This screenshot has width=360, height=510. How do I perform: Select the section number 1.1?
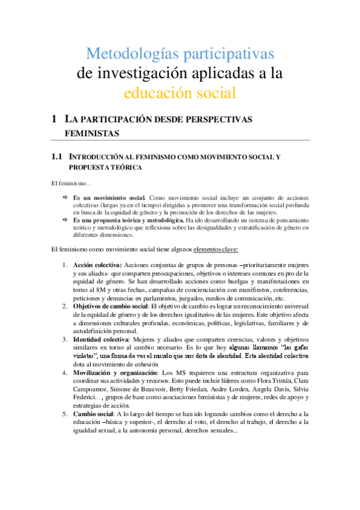(x=57, y=157)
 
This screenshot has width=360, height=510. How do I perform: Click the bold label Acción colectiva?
(x=97, y=265)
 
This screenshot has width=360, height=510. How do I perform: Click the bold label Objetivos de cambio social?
(x=114, y=306)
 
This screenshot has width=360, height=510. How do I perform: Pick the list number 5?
(x=66, y=414)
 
